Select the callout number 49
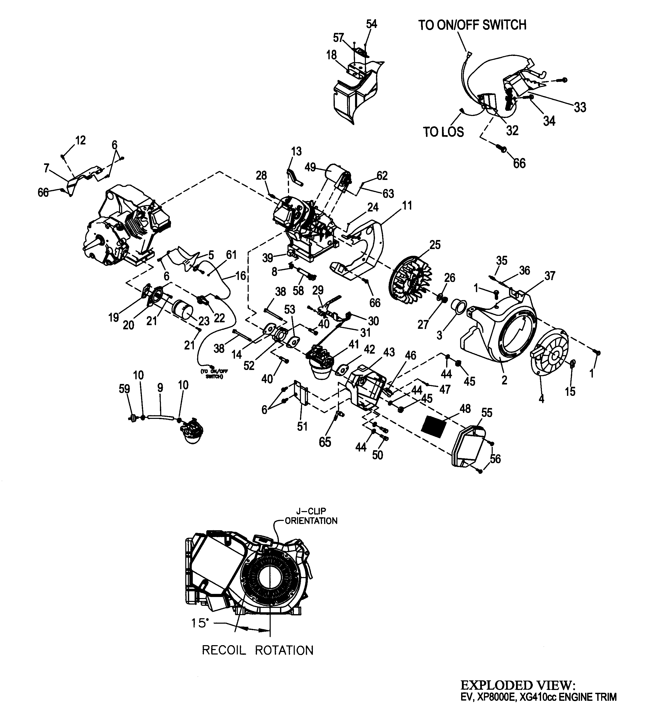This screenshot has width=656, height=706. click(310, 167)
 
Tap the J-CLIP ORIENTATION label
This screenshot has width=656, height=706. click(311, 516)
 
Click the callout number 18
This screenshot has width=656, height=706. click(331, 55)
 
